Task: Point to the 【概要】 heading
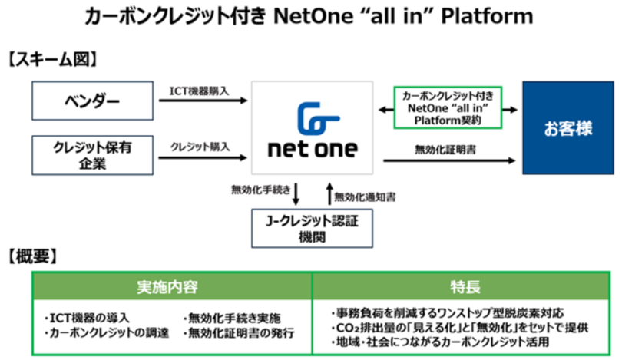click(x=38, y=256)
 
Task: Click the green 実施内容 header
click(x=172, y=287)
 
